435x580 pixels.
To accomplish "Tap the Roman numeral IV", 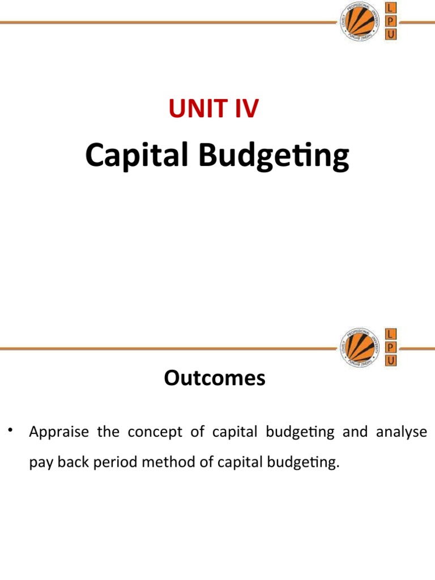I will point(244,108).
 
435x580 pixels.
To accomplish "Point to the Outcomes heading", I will point(215,378).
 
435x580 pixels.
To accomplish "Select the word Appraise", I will point(59,433).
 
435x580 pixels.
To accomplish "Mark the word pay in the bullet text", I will point(39,463).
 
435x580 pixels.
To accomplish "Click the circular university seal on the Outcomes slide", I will point(359,347).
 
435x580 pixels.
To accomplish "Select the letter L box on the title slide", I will point(390,8).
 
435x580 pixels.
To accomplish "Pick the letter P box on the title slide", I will point(390,22).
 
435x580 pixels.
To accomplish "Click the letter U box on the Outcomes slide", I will point(390,360).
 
